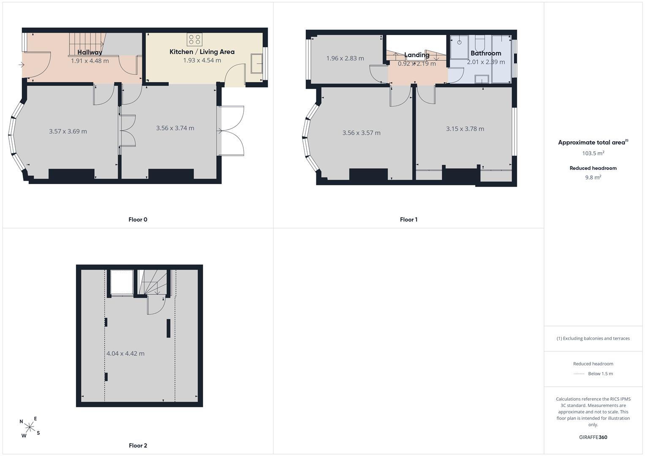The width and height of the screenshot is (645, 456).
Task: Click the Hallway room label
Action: tap(90, 52)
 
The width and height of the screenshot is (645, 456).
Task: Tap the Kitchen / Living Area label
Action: tap(202, 52)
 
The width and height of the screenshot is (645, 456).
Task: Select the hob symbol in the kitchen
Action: tap(194, 39)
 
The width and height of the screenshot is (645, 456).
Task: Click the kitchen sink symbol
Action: tap(256, 63)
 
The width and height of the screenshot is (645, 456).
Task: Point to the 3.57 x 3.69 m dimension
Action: tap(68, 132)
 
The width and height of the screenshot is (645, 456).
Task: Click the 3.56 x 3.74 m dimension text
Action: tap(175, 128)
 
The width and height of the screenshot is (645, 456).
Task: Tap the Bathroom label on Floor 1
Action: tap(486, 53)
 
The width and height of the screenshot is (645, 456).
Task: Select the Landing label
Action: tap(416, 55)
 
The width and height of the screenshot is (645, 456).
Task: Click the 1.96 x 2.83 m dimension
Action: tap(345, 58)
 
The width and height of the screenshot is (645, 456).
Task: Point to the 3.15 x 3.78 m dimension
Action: tap(465, 129)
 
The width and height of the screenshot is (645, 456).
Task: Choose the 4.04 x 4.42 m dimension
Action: tap(125, 353)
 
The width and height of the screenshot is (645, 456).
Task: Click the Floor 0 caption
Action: tap(138, 220)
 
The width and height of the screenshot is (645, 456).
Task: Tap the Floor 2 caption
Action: tap(138, 445)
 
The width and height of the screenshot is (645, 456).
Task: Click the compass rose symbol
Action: tap(30, 427)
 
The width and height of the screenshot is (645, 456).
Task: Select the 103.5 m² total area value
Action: tap(593, 153)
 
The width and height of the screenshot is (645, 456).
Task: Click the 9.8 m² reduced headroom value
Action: tap(593, 177)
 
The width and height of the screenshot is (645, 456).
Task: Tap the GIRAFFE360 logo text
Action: tap(593, 437)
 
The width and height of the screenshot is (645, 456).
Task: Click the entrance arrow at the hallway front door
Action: tap(21, 65)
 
